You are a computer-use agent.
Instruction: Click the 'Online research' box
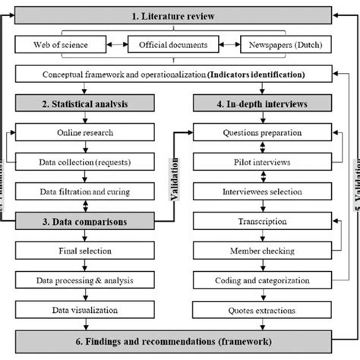point(86,132)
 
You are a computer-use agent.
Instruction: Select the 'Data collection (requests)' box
point(86,162)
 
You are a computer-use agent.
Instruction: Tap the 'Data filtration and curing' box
point(86,191)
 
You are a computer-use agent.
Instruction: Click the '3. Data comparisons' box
point(86,221)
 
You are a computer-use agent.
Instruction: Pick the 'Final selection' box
point(86,251)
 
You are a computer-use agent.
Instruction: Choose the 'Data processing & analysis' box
point(86,280)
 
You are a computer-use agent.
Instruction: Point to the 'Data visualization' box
point(86,310)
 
